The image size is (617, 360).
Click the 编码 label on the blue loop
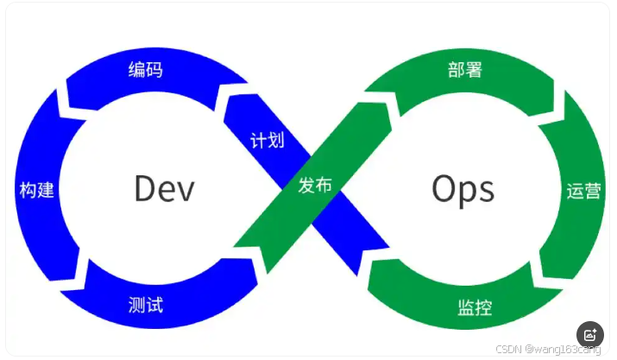click(x=145, y=70)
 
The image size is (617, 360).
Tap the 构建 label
click(x=36, y=190)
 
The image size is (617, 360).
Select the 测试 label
click(x=145, y=305)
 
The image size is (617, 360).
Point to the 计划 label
click(x=268, y=140)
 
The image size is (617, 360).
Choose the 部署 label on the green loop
click(x=465, y=70)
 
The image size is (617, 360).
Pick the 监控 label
click(x=475, y=306)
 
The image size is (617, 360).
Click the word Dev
click(x=164, y=188)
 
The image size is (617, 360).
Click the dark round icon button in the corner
click(x=589, y=335)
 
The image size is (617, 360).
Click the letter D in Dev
click(x=144, y=188)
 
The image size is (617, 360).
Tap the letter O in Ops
click(x=443, y=188)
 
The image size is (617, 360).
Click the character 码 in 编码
click(x=154, y=70)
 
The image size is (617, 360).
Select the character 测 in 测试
click(x=136, y=305)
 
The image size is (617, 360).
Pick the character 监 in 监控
click(x=466, y=306)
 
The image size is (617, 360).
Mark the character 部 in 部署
click(x=456, y=70)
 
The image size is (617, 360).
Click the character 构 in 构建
click(x=28, y=190)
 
